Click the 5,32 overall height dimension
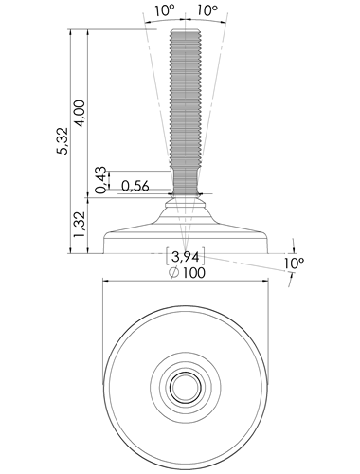[63, 140]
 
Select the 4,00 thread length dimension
[81, 113]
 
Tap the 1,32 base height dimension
[80, 225]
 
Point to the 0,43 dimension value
[101, 179]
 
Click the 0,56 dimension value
[135, 186]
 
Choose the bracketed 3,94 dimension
[186, 257]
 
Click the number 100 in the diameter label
[193, 272]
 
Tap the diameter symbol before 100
[174, 272]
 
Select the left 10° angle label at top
[165, 10]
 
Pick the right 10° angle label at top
[207, 10]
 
